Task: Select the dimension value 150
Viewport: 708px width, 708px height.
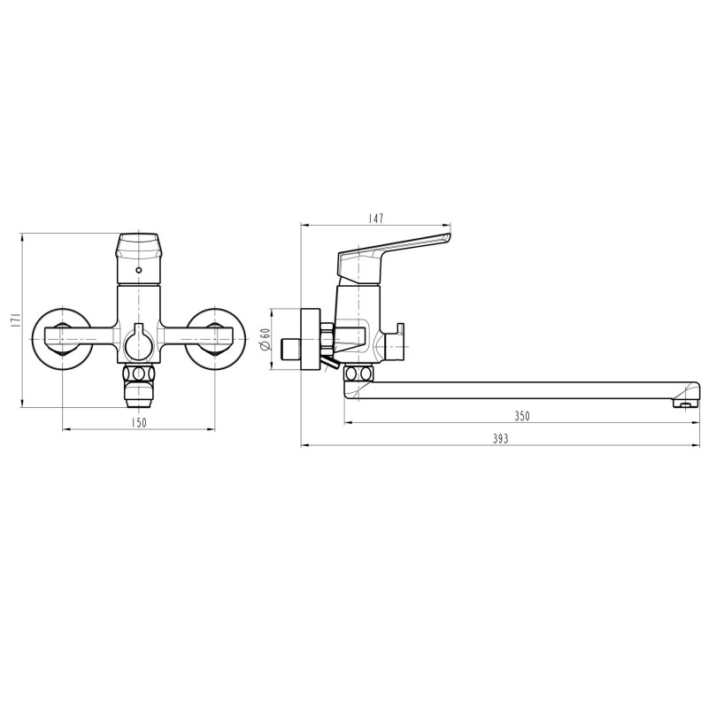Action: click(x=139, y=423)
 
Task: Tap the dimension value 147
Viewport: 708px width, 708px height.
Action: click(x=376, y=218)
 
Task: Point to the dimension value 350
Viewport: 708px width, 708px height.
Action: click(x=521, y=416)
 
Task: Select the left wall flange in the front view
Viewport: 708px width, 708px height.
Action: click(x=62, y=336)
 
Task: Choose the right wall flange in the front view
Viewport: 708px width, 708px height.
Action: click(x=216, y=336)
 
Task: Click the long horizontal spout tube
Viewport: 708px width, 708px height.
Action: click(x=522, y=391)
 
